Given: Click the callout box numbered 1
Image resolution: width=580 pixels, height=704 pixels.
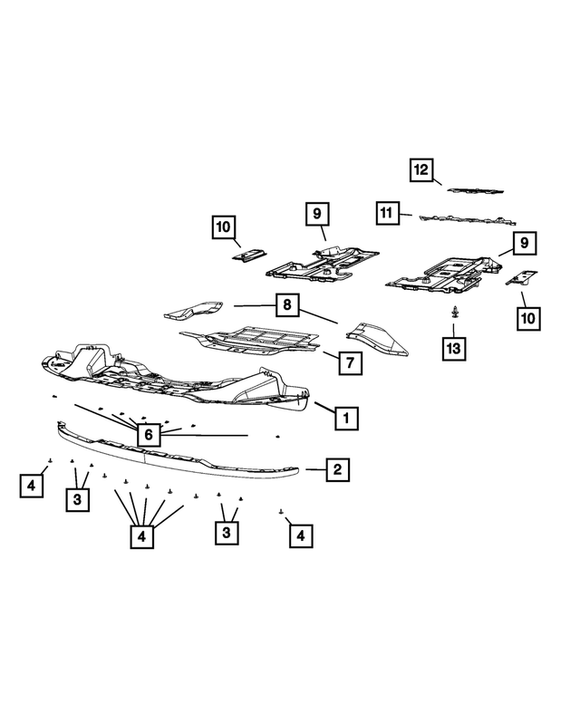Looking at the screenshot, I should [345, 418].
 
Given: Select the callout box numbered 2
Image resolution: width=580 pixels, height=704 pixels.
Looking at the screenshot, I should [336, 469].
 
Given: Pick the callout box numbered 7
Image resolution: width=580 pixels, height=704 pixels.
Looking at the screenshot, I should [349, 363].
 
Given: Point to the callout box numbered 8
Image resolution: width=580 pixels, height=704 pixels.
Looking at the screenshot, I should [286, 305].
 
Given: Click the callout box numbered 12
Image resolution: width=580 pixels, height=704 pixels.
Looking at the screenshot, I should [420, 169].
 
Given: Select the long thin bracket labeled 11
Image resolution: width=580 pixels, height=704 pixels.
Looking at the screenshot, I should [462, 219].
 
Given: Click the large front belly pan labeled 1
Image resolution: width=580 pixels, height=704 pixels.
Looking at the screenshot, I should [172, 376].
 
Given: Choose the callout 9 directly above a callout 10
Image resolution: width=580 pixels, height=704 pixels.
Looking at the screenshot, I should [524, 243].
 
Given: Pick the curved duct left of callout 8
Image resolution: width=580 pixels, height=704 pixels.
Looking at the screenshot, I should [193, 309].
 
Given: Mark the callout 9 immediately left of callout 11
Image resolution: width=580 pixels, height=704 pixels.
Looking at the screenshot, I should [316, 215].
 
